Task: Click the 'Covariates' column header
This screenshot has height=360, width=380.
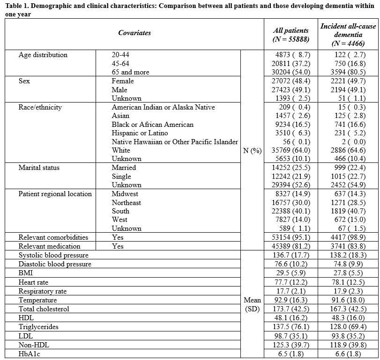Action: [134, 33]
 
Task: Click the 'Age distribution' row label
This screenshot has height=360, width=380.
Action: [43, 55]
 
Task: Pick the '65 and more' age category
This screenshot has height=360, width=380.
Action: [130, 72]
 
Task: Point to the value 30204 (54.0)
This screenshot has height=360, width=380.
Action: [291, 72]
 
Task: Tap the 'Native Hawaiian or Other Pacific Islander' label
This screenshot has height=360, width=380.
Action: [175, 142]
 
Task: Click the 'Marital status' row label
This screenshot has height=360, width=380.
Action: [39, 168]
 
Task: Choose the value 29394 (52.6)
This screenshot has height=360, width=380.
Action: [291, 185]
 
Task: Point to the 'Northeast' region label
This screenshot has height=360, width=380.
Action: [126, 203]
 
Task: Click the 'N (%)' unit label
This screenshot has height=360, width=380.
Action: [252, 150]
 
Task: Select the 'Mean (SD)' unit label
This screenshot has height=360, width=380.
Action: [252, 304]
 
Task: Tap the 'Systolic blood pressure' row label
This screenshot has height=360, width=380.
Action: [53, 255]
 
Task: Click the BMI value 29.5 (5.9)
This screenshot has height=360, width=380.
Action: [291, 273]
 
